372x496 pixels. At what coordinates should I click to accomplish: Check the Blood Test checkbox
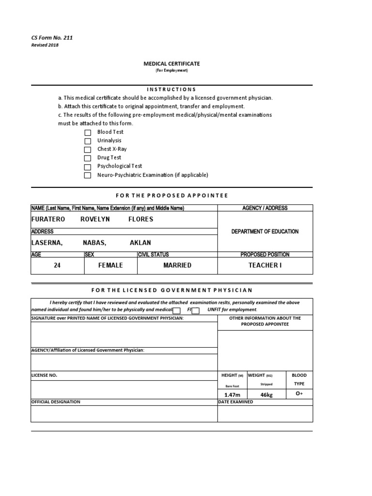tap(88, 133)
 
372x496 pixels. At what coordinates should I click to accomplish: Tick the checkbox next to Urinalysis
tap(88, 141)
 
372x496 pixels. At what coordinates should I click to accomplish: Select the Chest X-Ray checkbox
tap(88, 150)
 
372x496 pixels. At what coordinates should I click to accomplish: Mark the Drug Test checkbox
tap(88, 158)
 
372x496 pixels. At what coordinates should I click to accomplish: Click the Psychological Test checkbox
tap(88, 167)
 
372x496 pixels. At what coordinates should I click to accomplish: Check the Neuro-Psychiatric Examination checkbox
tap(88, 175)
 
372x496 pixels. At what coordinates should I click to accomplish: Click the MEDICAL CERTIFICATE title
tap(171, 64)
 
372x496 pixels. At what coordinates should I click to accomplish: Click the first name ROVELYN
tap(95, 219)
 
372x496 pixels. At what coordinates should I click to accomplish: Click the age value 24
tap(57, 265)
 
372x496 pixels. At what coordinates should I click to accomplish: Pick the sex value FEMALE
tap(110, 265)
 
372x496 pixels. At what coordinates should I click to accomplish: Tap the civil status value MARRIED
tap(177, 265)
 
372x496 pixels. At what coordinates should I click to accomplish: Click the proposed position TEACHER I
tap(265, 265)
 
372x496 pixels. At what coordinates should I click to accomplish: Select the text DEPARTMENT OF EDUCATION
tap(265, 232)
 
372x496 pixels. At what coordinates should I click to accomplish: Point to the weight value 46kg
tap(266, 395)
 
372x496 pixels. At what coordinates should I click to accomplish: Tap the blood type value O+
tap(299, 394)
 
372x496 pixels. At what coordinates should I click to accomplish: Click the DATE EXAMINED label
tap(235, 402)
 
